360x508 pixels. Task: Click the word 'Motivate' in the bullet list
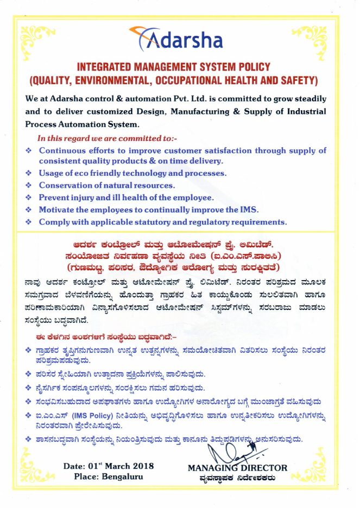(x=58, y=210)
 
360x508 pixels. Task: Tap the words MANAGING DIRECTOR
(x=237, y=467)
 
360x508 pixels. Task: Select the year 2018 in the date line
(x=143, y=466)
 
